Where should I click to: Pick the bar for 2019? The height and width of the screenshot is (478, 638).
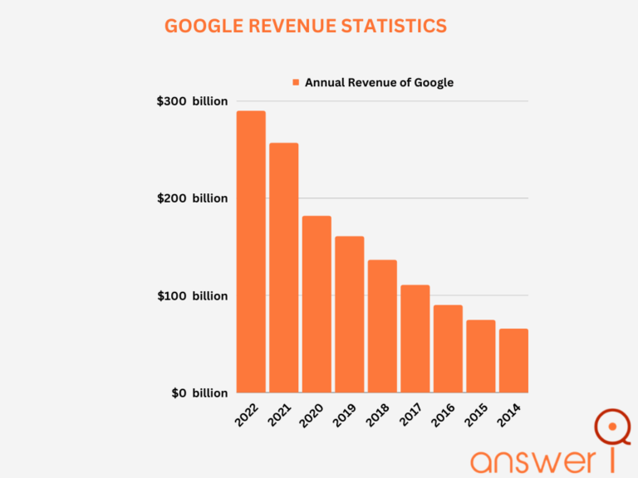[x=350, y=315]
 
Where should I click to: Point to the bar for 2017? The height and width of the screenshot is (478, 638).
[x=415, y=339]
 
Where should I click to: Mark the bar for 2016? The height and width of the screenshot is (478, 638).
[x=448, y=349]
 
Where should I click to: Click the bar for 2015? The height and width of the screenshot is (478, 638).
[x=481, y=356]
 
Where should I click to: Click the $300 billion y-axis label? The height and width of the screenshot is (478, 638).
[x=192, y=101]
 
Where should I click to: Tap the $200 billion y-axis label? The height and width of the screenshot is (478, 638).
[x=192, y=198]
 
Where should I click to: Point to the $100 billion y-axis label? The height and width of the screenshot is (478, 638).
[x=192, y=295]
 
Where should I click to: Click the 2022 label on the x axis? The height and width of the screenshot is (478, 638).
[x=248, y=415]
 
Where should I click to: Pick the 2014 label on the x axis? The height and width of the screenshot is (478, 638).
[x=510, y=415]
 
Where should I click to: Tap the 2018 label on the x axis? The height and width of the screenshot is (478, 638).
[x=379, y=415]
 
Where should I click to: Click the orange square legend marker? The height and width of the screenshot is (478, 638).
[x=295, y=82]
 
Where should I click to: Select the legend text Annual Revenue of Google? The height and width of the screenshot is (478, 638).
[x=379, y=82]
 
